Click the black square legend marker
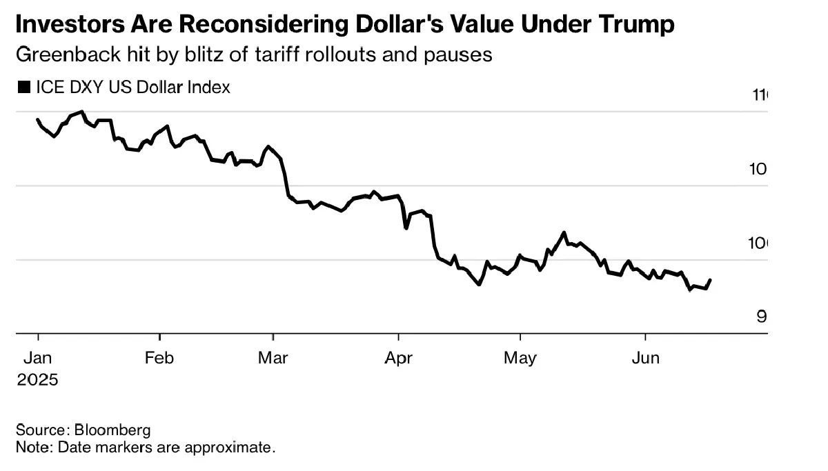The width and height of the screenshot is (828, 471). pos(23,88)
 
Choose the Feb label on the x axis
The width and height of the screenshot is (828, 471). pos(159,358)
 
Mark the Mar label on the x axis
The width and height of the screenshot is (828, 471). pos(273,358)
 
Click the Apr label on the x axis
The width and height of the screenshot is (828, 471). pos(398,358)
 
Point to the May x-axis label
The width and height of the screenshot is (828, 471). pos(520,358)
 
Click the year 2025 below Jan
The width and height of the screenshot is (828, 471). pos(37,379)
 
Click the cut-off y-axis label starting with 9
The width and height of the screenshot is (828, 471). pos(762,317)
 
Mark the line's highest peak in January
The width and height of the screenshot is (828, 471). pos(82,111)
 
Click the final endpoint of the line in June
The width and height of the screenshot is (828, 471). pos(711,280)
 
